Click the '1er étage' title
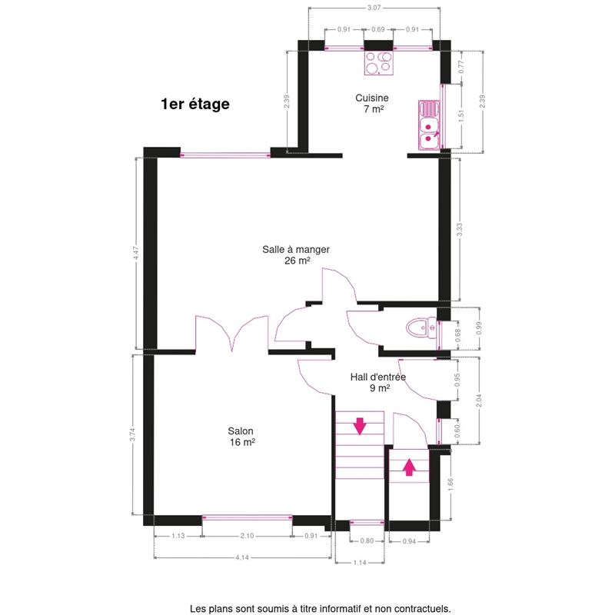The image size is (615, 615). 195,105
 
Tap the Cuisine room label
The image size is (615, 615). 372,98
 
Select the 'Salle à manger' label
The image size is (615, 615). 296,249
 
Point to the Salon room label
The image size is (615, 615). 241,431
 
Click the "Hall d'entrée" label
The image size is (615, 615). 378,377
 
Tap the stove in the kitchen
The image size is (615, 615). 379,63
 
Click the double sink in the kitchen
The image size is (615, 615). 429,125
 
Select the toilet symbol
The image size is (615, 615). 421,327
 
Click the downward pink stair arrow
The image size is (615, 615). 360,427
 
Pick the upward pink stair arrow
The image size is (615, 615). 409,467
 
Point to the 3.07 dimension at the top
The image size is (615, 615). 374,8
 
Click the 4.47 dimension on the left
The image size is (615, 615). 136,253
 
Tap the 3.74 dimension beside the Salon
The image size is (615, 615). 132,434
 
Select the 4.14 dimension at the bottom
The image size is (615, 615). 242,557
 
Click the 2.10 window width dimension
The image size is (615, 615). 247,536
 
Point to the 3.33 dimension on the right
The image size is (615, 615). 459,229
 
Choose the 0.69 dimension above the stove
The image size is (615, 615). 378,29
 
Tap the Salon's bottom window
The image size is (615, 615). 247,517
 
